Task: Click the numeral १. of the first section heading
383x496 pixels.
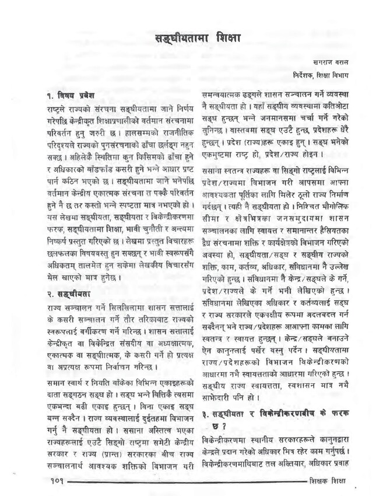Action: pos(51,95)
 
